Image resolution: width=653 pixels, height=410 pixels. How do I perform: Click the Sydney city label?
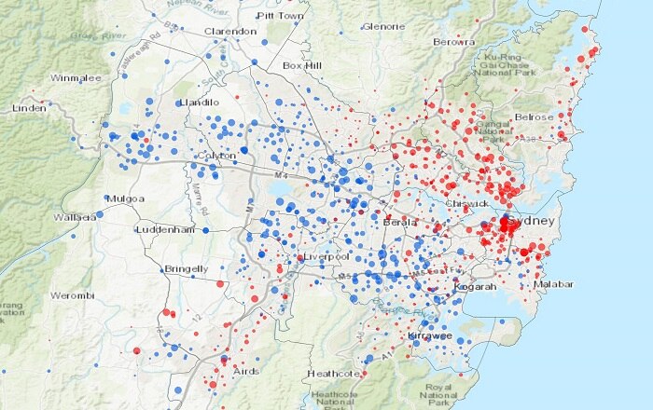click(533, 220)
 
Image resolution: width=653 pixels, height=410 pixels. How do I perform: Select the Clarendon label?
click(230, 31)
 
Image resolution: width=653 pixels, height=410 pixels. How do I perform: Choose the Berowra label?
click(453, 42)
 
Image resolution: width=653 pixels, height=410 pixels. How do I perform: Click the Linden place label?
click(29, 108)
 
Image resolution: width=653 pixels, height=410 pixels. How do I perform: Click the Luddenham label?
click(165, 229)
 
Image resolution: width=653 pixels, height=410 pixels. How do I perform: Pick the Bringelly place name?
click(186, 269)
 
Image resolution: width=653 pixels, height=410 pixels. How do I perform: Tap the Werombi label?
click(72, 295)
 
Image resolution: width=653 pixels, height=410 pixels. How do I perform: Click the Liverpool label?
click(326, 256)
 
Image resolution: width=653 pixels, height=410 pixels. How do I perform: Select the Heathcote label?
click(333, 374)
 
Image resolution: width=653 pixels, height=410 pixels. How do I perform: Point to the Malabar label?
click(552, 284)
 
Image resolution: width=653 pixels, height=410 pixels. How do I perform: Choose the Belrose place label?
click(534, 117)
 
